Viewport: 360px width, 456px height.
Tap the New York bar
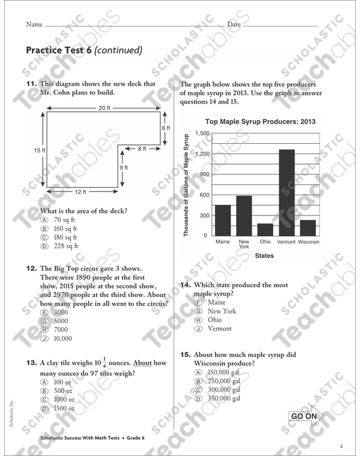244,215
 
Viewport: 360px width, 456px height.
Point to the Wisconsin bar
308,227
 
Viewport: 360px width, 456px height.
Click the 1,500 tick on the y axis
202,133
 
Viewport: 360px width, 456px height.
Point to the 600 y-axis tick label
204,195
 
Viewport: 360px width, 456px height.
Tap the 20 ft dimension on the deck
104,108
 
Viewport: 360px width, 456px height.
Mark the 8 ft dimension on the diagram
141,148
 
